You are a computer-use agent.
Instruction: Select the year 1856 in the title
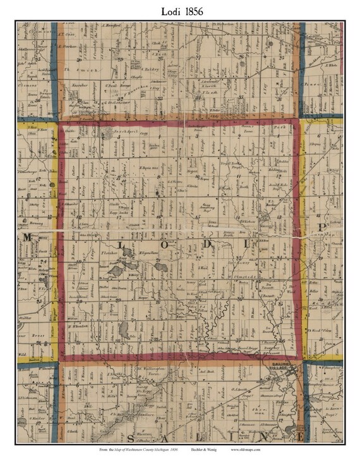196,11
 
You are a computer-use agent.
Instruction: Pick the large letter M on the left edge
28,237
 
